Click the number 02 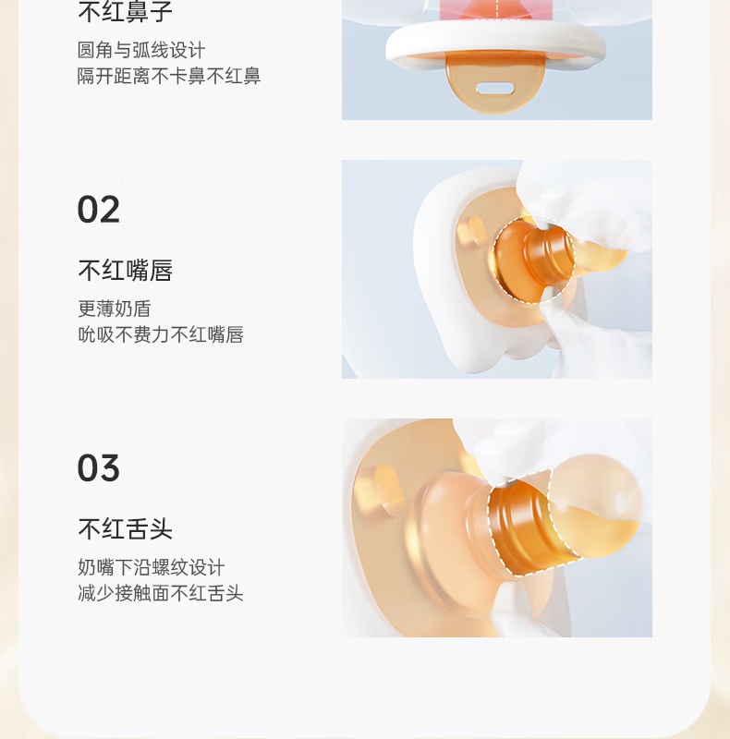click(99, 210)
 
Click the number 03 click(99, 467)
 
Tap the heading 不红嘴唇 click(126, 271)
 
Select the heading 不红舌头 click(126, 528)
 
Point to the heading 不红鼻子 click(126, 11)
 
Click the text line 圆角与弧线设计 click(141, 50)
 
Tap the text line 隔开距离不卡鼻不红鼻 click(169, 76)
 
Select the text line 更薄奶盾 click(115, 309)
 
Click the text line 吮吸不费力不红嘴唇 click(161, 334)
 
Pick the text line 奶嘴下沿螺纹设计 click(151, 567)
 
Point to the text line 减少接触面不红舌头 click(161, 593)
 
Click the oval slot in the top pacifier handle click(494, 88)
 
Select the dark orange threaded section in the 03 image click(518, 523)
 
